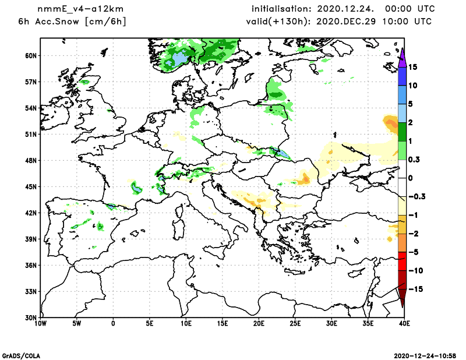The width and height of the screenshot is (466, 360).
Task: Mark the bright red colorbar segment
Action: click(401, 262)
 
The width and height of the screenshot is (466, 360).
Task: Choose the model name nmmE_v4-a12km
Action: click(79, 9)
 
